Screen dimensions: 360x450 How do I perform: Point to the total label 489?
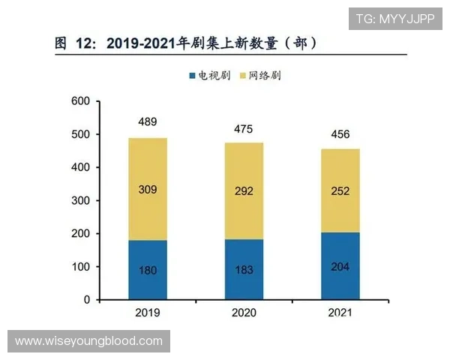coord(147,122)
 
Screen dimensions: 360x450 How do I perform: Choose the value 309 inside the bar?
coord(147,190)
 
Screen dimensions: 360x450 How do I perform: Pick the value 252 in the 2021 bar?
coord(340,191)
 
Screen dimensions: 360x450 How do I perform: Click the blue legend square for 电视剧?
coord(192,76)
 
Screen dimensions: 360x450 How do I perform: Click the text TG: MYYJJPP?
coord(394,18)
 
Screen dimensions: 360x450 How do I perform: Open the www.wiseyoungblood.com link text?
coord(88,341)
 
